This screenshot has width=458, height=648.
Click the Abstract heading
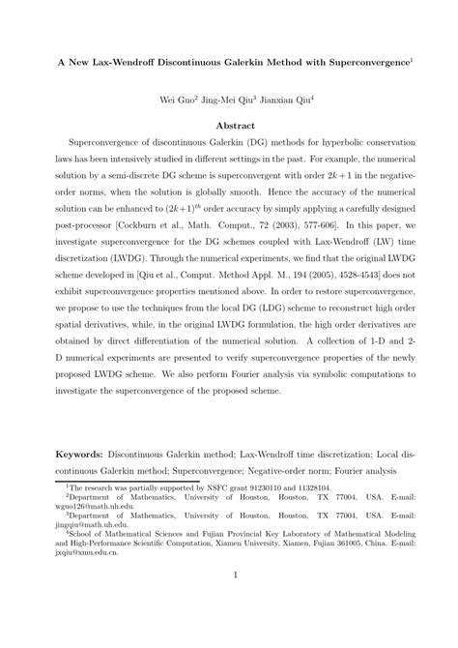tap(228, 128)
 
